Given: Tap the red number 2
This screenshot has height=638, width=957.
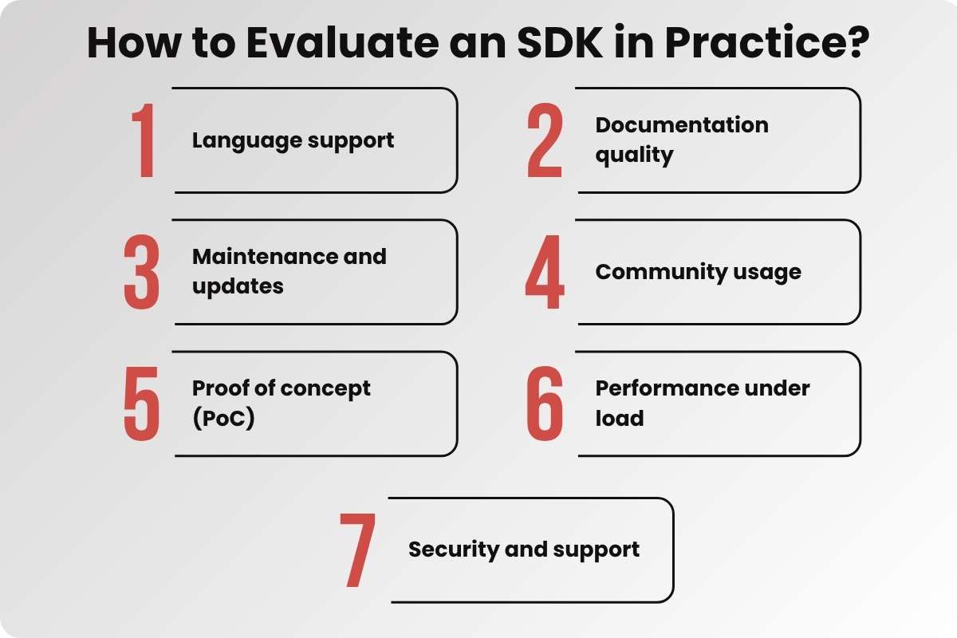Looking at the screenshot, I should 545,140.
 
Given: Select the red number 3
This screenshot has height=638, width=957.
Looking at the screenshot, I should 142,272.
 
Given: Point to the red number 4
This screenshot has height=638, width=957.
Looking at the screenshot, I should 545,272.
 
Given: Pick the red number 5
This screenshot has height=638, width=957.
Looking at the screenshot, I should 142,404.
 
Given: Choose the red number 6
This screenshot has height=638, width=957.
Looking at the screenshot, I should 545,404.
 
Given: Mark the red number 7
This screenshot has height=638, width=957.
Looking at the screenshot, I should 357,550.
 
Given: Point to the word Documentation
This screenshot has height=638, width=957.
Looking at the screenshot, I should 682,125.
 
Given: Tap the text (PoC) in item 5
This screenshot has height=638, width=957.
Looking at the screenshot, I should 223,418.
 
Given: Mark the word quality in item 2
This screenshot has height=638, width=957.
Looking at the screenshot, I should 634,155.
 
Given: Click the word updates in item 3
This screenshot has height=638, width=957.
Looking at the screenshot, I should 238,286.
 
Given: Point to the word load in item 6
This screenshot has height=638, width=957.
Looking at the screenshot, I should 619,418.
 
